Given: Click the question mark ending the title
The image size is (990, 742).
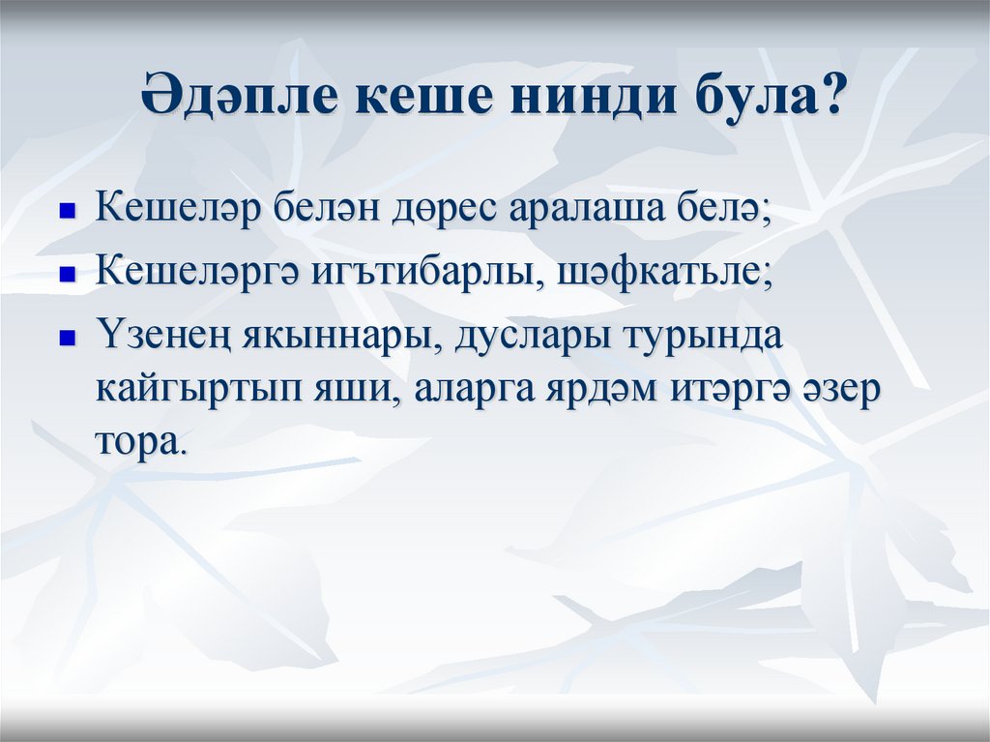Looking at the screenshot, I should point(830,100).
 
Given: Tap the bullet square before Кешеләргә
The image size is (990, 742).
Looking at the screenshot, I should point(68,274).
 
